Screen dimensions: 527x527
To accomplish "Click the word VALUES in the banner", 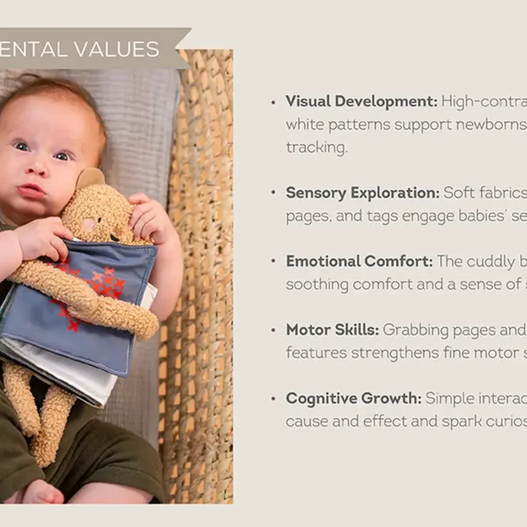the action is point(116,50).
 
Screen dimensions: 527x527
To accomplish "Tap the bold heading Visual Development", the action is point(362,101).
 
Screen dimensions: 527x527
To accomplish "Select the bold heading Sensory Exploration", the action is point(363,193).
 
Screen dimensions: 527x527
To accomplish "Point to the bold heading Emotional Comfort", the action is point(359,261).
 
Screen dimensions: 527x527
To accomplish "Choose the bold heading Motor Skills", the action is point(333,330).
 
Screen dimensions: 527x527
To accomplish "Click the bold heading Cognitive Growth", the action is point(354,398).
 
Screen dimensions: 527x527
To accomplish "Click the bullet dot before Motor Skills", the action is point(274,330).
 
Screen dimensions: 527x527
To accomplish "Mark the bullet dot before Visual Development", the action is point(274,102).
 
